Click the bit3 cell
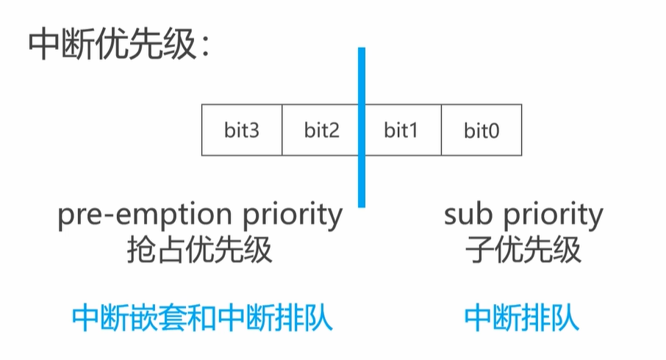pyautogui.click(x=242, y=130)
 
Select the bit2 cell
pyautogui.click(x=321, y=130)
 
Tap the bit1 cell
pyautogui.click(x=403, y=130)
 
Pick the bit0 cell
pyautogui.click(x=481, y=130)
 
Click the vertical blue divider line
pyautogui.click(x=362, y=127)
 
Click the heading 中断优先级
pyautogui.click(x=112, y=44)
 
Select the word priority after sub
pyautogui.click(x=554, y=217)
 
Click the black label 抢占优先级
pyautogui.click(x=199, y=250)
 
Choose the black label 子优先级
pyautogui.click(x=523, y=250)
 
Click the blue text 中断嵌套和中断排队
pyautogui.click(x=202, y=317)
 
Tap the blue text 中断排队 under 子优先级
pyautogui.click(x=522, y=317)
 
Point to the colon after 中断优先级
pyautogui.click(x=206, y=48)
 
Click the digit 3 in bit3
pyautogui.click(x=254, y=130)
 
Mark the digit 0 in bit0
pyautogui.click(x=493, y=131)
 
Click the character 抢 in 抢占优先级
pyautogui.click(x=141, y=250)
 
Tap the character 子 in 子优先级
pyautogui.click(x=480, y=250)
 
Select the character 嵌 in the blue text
pyautogui.click(x=144, y=317)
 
